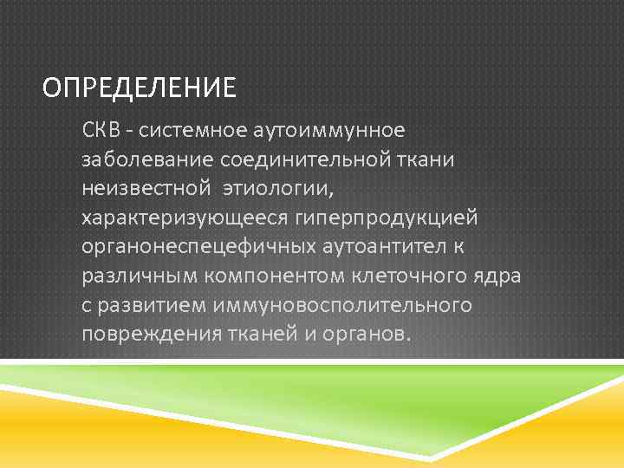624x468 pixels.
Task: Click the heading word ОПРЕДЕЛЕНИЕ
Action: pyautogui.click(x=139, y=88)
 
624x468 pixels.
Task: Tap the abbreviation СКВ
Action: pyautogui.click(x=101, y=130)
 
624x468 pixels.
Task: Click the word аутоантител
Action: pyautogui.click(x=382, y=247)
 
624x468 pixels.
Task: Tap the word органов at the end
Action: pyautogui.click(x=366, y=335)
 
